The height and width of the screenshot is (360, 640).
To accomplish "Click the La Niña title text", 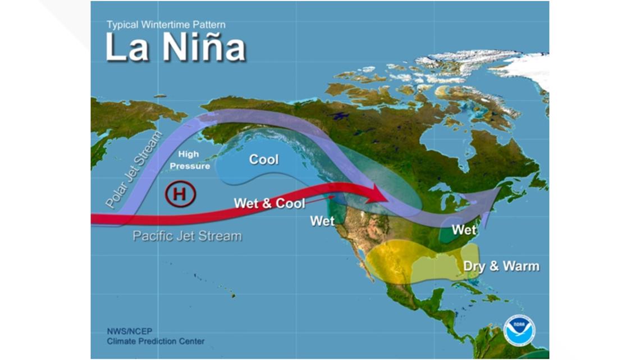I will [175, 48].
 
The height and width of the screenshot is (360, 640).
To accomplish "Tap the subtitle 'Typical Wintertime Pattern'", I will [166, 25].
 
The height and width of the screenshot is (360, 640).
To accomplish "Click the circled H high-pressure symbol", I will [180, 194].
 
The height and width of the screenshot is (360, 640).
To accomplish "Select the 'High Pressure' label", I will [190, 160].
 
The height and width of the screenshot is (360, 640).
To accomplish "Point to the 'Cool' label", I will [263, 160].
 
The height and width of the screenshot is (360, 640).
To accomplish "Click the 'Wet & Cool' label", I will [269, 203].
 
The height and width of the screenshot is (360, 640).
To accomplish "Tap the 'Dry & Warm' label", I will [501, 266].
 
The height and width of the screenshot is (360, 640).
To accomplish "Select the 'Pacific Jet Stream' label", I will [187, 236].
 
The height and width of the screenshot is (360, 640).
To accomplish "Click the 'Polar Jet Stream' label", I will [133, 170].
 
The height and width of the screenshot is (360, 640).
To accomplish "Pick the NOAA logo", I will [519, 330].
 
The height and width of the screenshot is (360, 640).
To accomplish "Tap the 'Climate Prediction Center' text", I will [156, 341].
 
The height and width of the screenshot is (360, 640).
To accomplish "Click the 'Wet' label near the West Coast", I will [322, 221].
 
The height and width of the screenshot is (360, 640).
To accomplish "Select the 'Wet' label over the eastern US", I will [464, 230].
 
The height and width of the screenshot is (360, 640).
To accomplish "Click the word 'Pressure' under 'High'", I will [190, 166].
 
